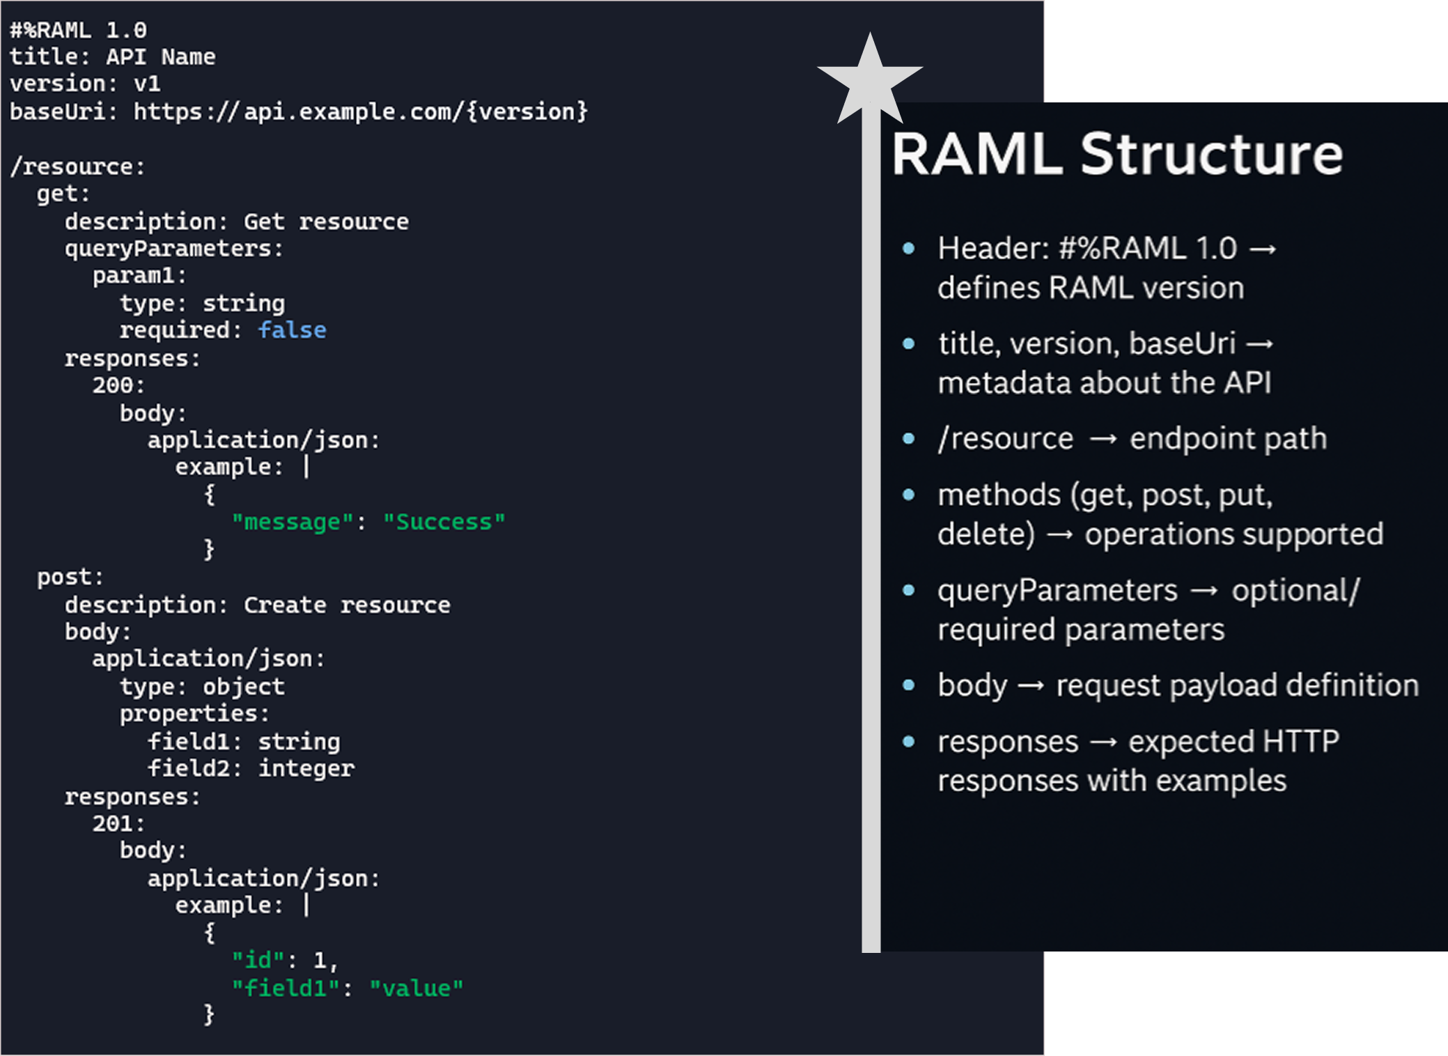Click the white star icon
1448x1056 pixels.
(x=870, y=80)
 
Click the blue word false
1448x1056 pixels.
(x=292, y=330)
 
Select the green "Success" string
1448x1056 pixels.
(x=444, y=522)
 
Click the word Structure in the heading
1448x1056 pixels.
(x=1211, y=155)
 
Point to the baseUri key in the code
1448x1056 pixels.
(x=57, y=111)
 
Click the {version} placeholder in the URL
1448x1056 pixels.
(x=527, y=111)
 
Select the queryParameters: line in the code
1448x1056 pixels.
(x=174, y=249)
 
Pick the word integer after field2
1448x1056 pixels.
(x=306, y=768)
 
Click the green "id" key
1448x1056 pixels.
(x=258, y=961)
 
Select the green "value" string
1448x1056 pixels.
(x=417, y=988)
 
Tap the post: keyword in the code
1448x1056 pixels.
(x=70, y=577)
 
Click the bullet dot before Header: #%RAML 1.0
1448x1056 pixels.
(x=908, y=248)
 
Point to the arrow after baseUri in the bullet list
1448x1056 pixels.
(x=1259, y=344)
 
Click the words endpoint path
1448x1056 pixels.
(x=1228, y=439)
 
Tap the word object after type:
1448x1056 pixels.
(x=244, y=687)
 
